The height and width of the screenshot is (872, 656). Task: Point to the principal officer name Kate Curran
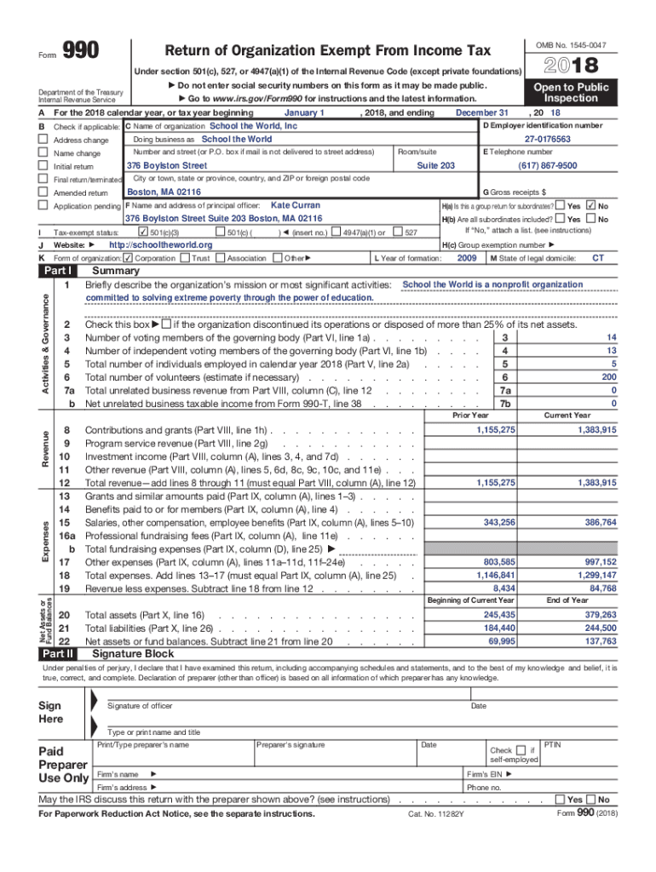pyautogui.click(x=295, y=205)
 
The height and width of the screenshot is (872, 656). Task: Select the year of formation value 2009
pyautogui.click(x=467, y=258)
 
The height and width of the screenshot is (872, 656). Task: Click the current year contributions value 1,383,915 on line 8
pyautogui.click(x=596, y=430)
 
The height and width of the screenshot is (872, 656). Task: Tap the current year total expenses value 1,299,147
pyautogui.click(x=596, y=575)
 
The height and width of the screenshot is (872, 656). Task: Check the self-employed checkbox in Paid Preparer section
pyautogui.click(x=521, y=749)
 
